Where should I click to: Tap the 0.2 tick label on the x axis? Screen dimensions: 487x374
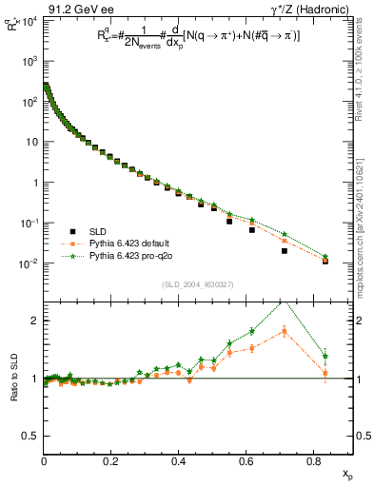tap(111, 460)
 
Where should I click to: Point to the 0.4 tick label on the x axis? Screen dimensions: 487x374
tap(179, 460)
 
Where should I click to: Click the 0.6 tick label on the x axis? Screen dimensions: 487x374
tap(246, 460)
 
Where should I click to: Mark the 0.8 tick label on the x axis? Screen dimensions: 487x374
tap(314, 460)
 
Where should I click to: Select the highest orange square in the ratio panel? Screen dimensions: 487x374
tap(285, 331)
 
